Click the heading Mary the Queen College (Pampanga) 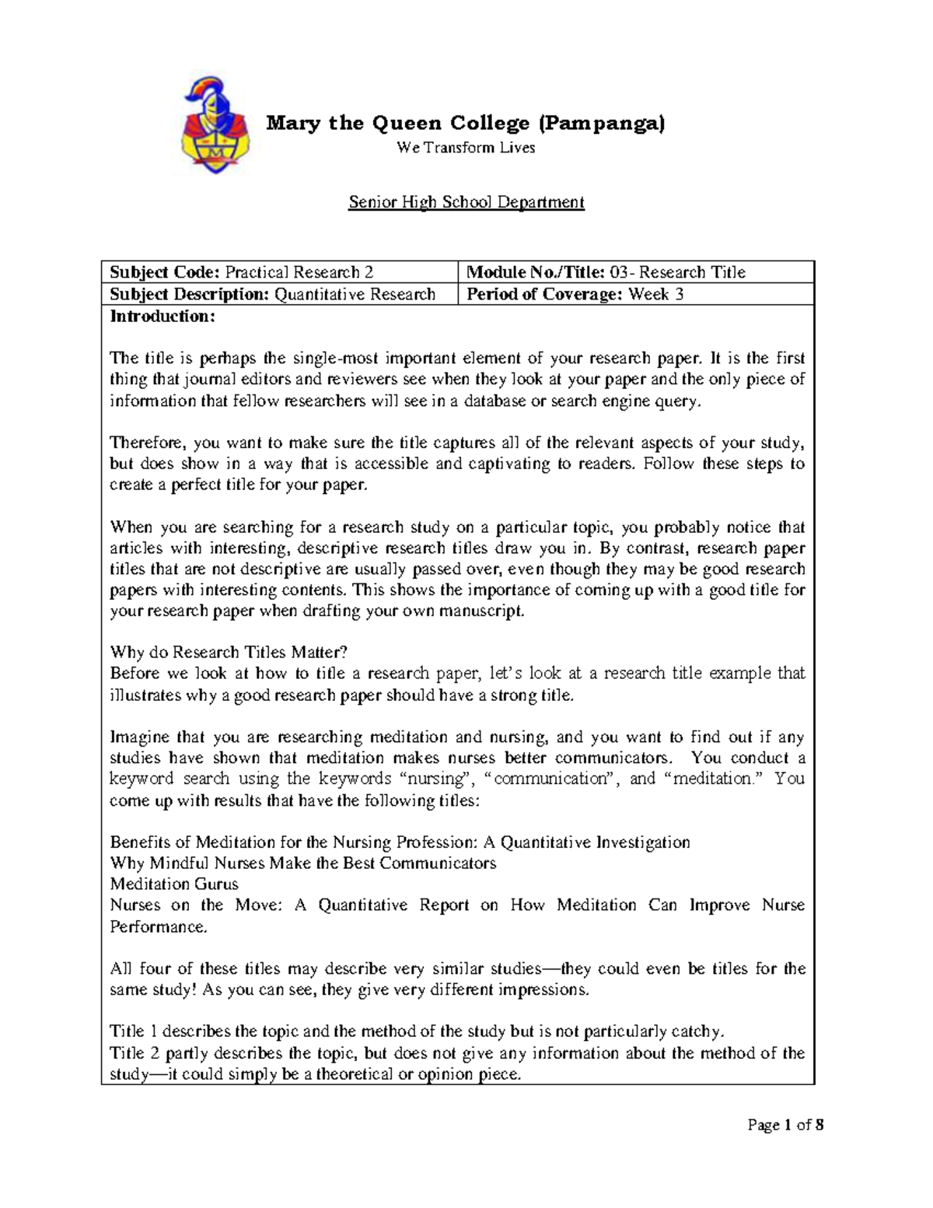466,123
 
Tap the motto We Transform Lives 466,148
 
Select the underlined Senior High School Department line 466,202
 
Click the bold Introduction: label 162,316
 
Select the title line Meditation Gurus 174,884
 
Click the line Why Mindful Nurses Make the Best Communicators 302,863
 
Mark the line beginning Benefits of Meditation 400,842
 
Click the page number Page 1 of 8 785,1124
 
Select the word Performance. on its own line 159,926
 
